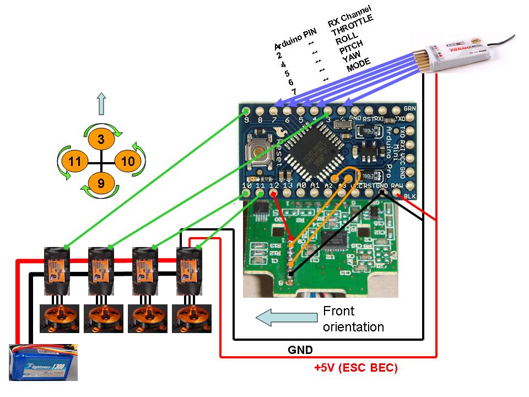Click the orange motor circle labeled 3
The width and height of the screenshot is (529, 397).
click(100, 140)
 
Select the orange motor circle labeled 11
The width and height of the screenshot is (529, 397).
click(75, 162)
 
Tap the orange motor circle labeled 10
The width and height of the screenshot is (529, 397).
click(127, 162)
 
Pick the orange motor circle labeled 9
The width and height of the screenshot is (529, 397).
click(100, 183)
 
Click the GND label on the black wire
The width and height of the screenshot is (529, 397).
click(301, 350)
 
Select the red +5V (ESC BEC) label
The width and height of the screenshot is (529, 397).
click(355, 368)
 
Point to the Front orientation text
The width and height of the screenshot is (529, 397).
click(353, 319)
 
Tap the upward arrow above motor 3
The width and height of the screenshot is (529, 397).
click(100, 103)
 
